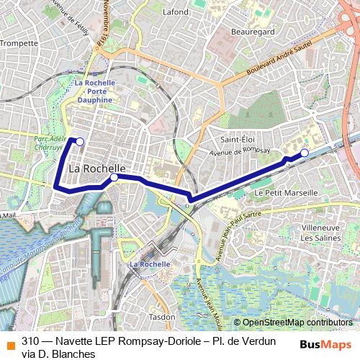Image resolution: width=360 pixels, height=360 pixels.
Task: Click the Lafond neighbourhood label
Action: click(x=176, y=12)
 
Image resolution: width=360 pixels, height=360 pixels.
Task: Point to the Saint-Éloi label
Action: click(x=238, y=138)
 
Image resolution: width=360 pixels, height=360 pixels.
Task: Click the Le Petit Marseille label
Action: click(x=286, y=193)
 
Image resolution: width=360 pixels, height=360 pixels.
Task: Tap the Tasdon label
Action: click(x=162, y=316)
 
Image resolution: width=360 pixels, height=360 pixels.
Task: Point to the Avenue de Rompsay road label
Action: click(x=239, y=151)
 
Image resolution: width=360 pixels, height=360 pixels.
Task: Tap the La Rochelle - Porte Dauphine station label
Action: click(x=94, y=91)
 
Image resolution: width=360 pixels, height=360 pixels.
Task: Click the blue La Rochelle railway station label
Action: click(x=150, y=264)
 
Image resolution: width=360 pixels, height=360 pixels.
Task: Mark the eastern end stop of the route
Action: click(x=305, y=152)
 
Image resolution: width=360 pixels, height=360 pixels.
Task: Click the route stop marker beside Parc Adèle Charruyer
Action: click(x=80, y=142)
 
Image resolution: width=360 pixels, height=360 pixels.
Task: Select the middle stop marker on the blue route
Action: click(x=114, y=176)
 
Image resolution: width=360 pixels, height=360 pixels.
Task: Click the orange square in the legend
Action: click(x=10, y=343)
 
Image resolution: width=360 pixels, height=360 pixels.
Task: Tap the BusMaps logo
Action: click(x=325, y=344)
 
